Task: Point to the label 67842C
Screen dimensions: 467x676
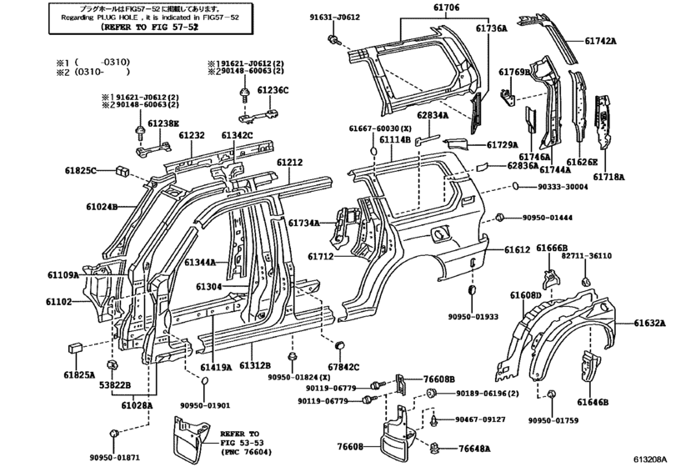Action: tap(343, 366)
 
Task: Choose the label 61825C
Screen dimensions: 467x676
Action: tap(84, 170)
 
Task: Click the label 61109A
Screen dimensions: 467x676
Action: tap(63, 274)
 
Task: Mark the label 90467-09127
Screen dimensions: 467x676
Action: tap(483, 419)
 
